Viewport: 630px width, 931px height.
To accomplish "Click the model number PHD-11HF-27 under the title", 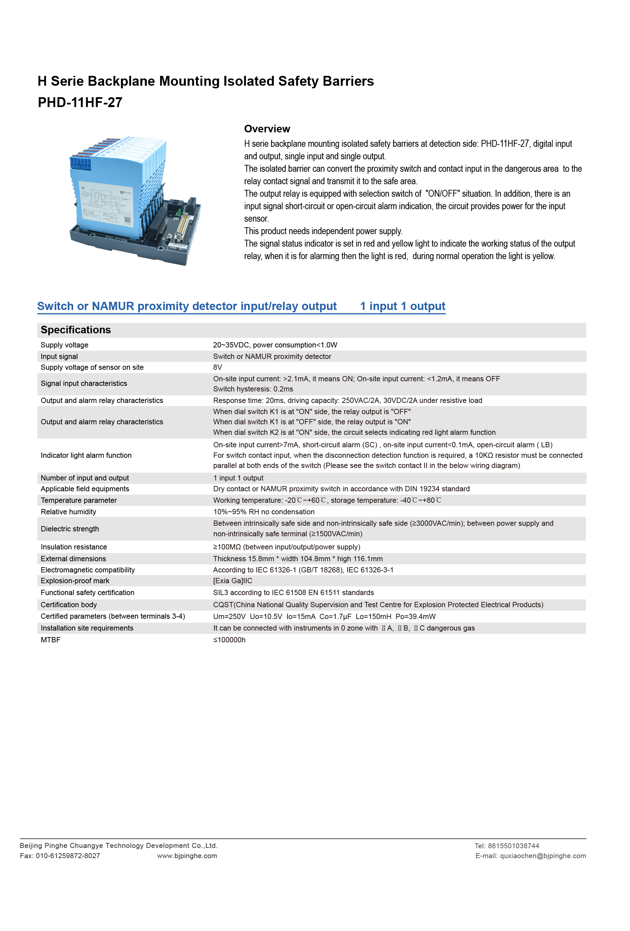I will click(x=80, y=102).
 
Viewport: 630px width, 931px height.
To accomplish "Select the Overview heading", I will click(x=267, y=129).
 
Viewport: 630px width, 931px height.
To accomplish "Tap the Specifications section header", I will click(x=76, y=330).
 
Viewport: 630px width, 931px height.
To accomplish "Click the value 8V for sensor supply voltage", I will click(x=217, y=367).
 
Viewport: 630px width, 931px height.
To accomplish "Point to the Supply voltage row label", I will click(x=64, y=345).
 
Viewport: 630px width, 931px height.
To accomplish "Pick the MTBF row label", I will click(x=51, y=640).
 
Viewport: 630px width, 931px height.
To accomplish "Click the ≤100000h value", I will click(x=229, y=640).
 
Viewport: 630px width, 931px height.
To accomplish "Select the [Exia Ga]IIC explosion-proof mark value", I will click(x=233, y=581).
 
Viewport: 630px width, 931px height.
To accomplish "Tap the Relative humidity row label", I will click(x=69, y=512).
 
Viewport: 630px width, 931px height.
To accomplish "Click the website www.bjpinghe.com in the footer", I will click(x=187, y=856).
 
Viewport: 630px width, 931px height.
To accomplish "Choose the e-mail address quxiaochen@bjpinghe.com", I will click(x=542, y=856).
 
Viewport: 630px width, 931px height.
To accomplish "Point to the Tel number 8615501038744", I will click(x=514, y=846).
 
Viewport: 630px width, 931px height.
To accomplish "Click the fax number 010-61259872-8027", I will click(x=68, y=856).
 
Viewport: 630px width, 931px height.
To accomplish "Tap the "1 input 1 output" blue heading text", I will click(x=402, y=306).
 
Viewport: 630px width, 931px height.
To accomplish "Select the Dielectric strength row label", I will click(x=70, y=529).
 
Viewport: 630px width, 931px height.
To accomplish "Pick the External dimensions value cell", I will click(x=298, y=559).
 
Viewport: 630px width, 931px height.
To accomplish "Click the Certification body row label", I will click(x=69, y=605).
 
